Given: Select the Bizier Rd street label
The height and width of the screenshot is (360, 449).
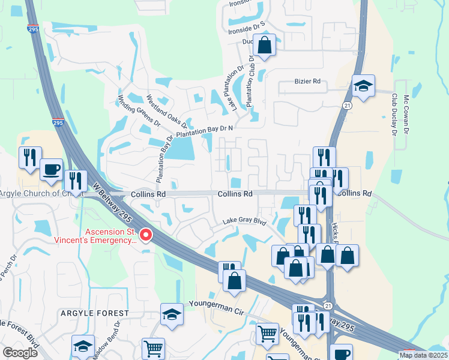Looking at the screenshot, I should tap(308, 82).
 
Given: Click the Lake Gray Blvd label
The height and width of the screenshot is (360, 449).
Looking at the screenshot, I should tap(244, 221).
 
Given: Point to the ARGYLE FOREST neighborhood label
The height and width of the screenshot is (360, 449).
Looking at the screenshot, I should tap(94, 313).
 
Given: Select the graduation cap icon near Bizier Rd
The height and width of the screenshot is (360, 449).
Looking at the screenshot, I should tap(363, 85).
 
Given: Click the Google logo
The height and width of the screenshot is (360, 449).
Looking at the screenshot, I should tap(20, 353).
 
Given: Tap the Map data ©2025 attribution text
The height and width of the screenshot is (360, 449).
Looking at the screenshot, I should tap(423, 355).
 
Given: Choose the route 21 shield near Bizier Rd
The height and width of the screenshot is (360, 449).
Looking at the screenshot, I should tap(347, 106).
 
